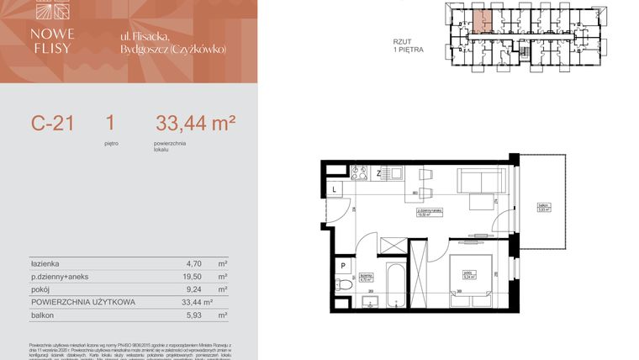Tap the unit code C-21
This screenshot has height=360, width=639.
tap(53, 124)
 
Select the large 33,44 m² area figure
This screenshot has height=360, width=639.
tap(195, 124)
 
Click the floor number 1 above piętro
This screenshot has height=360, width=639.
tap(110, 124)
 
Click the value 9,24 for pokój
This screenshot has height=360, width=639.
tap(178, 289)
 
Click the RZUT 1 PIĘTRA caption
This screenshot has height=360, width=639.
tap(408, 45)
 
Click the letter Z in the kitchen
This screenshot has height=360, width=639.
tap(379, 173)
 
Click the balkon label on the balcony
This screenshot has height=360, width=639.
tap(545, 209)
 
